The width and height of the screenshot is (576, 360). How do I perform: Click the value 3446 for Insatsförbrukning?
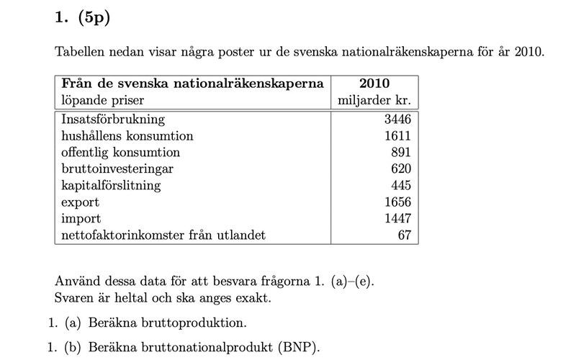[x=397, y=120]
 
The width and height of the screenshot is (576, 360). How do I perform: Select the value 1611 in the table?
[x=397, y=136]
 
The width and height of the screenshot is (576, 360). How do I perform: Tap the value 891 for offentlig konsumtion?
[x=400, y=153]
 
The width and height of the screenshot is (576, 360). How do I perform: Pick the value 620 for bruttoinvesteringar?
[x=400, y=169]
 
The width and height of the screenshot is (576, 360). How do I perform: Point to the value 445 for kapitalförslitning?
[x=400, y=186]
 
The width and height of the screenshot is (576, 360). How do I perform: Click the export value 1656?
[x=397, y=202]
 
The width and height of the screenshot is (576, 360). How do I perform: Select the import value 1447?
[x=397, y=219]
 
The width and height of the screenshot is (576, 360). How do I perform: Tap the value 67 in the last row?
[x=404, y=235]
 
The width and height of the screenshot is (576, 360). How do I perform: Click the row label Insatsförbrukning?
[x=113, y=120]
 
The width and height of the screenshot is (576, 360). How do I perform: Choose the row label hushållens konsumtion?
[x=127, y=136]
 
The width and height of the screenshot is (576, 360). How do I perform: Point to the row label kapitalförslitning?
[x=111, y=186]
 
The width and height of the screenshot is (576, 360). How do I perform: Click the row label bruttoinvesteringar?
[x=117, y=169]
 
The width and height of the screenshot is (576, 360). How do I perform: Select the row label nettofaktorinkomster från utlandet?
[x=163, y=235]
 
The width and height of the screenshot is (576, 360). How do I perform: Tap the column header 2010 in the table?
[x=374, y=84]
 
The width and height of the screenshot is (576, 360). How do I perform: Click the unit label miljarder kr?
[x=374, y=100]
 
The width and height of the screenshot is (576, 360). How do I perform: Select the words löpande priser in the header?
[x=102, y=100]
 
